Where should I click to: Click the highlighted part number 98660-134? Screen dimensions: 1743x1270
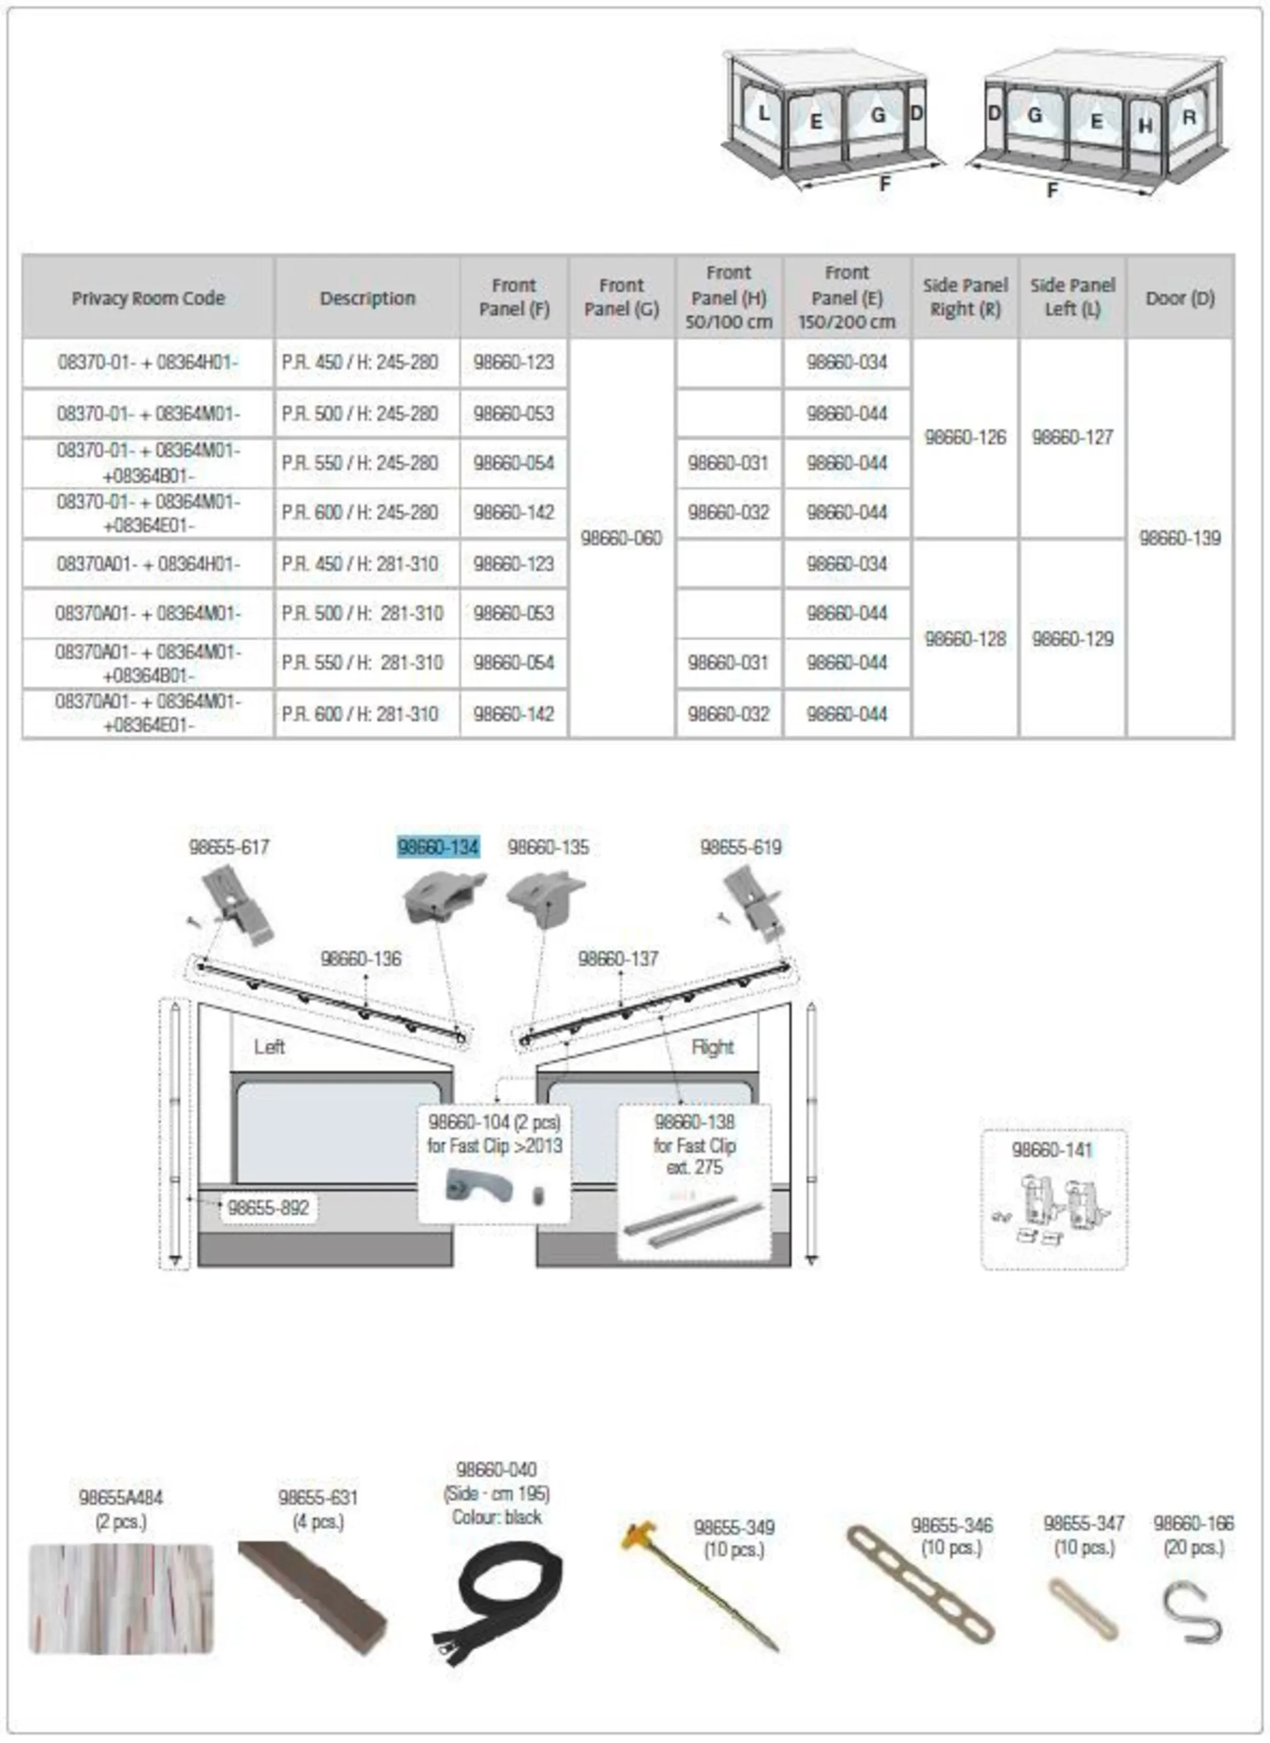(x=437, y=847)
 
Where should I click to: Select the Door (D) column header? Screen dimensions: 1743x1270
(x=1179, y=298)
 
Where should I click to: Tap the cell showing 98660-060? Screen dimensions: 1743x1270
(x=621, y=538)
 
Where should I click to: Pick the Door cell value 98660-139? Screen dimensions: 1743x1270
(x=1179, y=538)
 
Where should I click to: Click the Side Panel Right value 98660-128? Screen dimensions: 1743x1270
(x=965, y=639)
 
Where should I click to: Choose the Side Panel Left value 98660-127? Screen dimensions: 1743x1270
(x=1072, y=437)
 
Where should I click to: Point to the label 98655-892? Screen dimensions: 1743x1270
(x=269, y=1207)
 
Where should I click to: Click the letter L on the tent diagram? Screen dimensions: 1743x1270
(x=763, y=114)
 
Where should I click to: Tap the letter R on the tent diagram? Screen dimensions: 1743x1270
(x=1189, y=118)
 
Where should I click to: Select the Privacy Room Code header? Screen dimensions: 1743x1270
(x=148, y=298)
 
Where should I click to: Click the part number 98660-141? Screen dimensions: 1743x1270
(x=1052, y=1150)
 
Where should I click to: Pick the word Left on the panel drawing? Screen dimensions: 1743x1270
(x=269, y=1046)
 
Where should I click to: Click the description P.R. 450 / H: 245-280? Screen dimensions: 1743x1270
(x=360, y=362)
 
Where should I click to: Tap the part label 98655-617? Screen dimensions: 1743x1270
(x=229, y=847)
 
